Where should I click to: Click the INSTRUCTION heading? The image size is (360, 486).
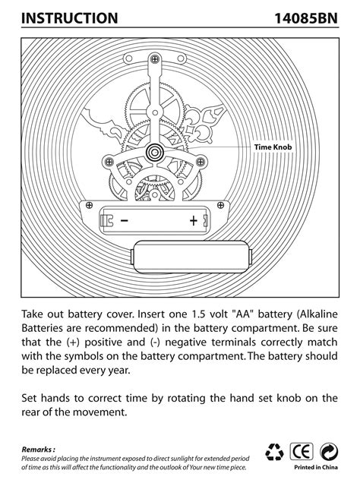pyautogui.click(x=69, y=18)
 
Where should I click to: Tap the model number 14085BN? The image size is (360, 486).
pyautogui.click(x=306, y=18)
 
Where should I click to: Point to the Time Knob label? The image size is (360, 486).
pyautogui.click(x=273, y=147)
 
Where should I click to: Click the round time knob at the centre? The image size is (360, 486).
pyautogui.click(x=154, y=152)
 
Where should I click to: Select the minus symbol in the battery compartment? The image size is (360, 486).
pyautogui.click(x=125, y=221)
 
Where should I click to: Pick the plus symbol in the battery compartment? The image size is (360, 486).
pyautogui.click(x=194, y=221)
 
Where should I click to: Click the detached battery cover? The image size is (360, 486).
pyautogui.click(x=191, y=257)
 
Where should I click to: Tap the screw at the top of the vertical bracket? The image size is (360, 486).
pyautogui.click(x=154, y=58)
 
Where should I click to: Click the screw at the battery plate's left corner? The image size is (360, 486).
pyautogui.click(x=89, y=205)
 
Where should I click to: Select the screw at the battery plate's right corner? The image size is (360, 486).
pyautogui.click(x=220, y=205)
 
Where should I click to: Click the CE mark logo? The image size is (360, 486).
pyautogui.click(x=301, y=452)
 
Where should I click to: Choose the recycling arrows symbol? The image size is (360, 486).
pyautogui.click(x=274, y=452)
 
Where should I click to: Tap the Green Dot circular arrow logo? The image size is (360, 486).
pyautogui.click(x=328, y=452)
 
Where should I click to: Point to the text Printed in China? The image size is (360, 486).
pyautogui.click(x=316, y=468)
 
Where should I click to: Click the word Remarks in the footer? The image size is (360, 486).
pyautogui.click(x=36, y=450)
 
